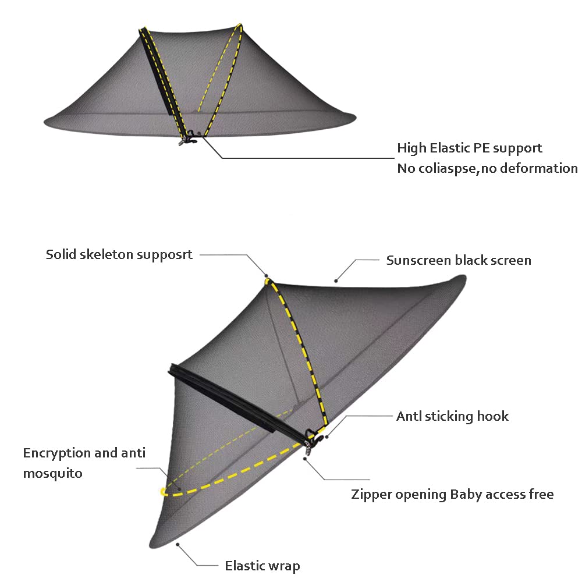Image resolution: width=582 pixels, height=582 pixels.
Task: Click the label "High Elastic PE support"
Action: point(469,148)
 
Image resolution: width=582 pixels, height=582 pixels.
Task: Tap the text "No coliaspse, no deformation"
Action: point(487,169)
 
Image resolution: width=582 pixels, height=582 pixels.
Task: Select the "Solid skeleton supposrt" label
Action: point(119,255)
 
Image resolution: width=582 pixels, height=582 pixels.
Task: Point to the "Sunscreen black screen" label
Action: point(459,260)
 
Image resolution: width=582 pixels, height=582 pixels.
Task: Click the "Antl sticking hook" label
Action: point(452,417)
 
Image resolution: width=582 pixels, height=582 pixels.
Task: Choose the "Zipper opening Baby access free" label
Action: point(452,494)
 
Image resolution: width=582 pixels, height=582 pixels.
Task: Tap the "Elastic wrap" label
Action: point(262,566)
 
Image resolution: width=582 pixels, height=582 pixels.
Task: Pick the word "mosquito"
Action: point(53,474)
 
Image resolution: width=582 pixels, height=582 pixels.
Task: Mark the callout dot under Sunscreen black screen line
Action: point(336,281)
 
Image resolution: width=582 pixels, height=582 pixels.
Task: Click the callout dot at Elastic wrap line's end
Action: point(178,545)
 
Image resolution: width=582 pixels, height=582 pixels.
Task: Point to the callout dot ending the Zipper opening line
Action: point(305,459)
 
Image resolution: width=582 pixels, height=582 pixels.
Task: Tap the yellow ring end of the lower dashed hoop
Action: point(162,492)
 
